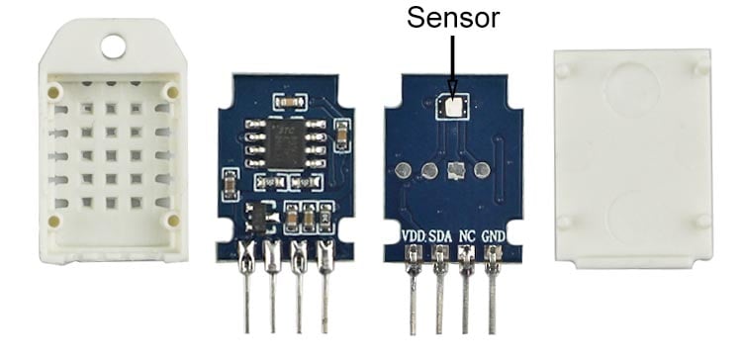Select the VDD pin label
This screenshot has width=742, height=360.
(414, 235)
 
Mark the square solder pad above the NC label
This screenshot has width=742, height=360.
(455, 171)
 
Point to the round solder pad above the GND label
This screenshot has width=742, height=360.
(482, 170)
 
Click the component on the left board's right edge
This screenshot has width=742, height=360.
(342, 132)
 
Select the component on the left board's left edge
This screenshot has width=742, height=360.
(229, 183)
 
